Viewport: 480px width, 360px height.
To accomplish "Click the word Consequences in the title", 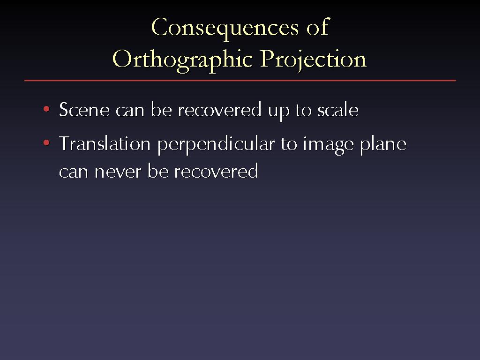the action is [x=225, y=28].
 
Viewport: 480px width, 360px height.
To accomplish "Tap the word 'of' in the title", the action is [x=318, y=27].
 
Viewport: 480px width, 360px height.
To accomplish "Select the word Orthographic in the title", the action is [x=182, y=60].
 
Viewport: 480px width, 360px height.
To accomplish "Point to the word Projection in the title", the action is [x=314, y=60].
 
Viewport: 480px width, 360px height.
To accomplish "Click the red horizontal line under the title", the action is [x=240, y=81].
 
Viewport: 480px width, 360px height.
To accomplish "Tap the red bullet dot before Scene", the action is [x=46, y=109].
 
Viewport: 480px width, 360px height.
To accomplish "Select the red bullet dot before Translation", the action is [x=46, y=142].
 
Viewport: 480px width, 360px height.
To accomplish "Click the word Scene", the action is [x=84, y=110].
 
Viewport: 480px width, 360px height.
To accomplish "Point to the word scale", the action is [x=338, y=109].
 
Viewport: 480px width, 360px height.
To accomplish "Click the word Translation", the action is [x=105, y=143].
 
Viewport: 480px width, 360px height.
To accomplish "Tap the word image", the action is [x=328, y=145].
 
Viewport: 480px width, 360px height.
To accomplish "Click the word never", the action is [x=118, y=172].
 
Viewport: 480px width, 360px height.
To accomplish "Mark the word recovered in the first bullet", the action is [x=220, y=109].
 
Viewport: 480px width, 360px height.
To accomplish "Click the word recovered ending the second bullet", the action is [x=217, y=171].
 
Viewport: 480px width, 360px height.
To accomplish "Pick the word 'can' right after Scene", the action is [x=130, y=111].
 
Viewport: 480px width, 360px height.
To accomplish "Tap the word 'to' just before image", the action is [x=289, y=144].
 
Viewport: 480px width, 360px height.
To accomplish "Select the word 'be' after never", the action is [x=158, y=171].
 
